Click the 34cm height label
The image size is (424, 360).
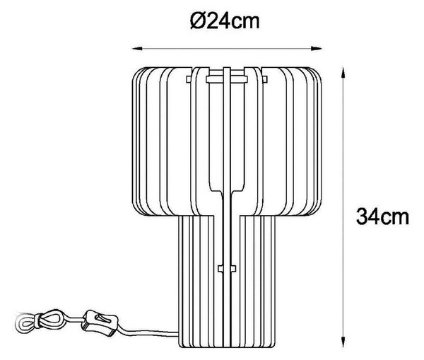[382, 216]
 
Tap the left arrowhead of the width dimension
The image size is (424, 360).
[137, 49]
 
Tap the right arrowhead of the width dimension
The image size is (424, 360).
[316, 49]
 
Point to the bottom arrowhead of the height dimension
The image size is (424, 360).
[343, 342]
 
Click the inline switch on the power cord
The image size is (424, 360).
[100, 323]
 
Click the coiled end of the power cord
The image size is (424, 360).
[25, 323]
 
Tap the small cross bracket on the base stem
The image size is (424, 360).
[227, 269]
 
